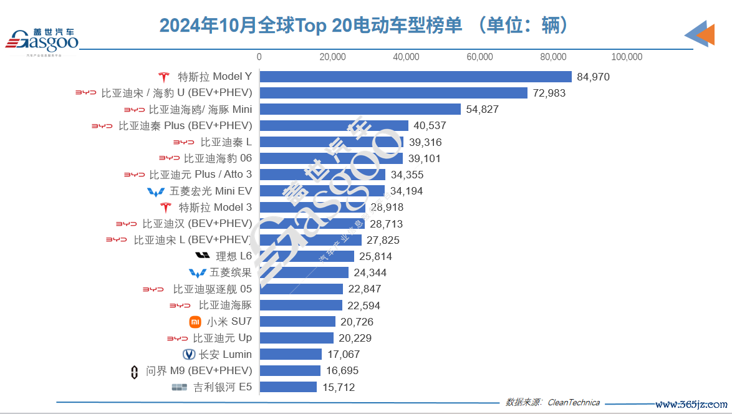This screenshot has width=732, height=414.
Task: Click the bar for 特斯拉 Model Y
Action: (x=415, y=77)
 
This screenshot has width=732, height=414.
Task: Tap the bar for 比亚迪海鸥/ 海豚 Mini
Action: (x=360, y=110)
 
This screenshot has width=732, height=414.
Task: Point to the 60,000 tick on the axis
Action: (x=479, y=57)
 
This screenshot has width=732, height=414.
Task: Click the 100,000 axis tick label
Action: (x=627, y=57)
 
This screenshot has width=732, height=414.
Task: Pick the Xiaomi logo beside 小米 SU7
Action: (x=195, y=322)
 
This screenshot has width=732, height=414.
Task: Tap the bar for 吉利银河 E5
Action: (x=288, y=387)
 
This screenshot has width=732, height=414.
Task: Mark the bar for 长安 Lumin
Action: (x=291, y=354)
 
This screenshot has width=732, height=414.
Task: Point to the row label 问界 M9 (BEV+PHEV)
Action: (x=199, y=371)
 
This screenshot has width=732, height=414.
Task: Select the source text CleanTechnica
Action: (x=574, y=403)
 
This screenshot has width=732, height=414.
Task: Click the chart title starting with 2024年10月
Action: (x=365, y=26)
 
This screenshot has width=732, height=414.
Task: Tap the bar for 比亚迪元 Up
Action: (x=296, y=338)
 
